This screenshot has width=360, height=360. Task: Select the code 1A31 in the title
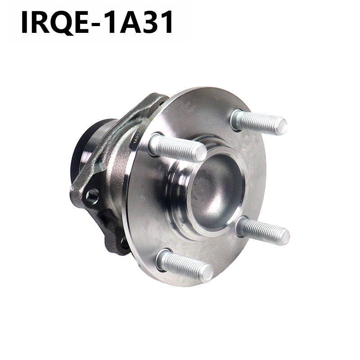139,22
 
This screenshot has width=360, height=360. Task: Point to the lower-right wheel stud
263,230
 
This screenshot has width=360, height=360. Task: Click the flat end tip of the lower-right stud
283,235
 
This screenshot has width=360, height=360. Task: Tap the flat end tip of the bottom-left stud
207,273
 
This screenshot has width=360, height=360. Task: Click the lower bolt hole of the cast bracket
123,243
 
